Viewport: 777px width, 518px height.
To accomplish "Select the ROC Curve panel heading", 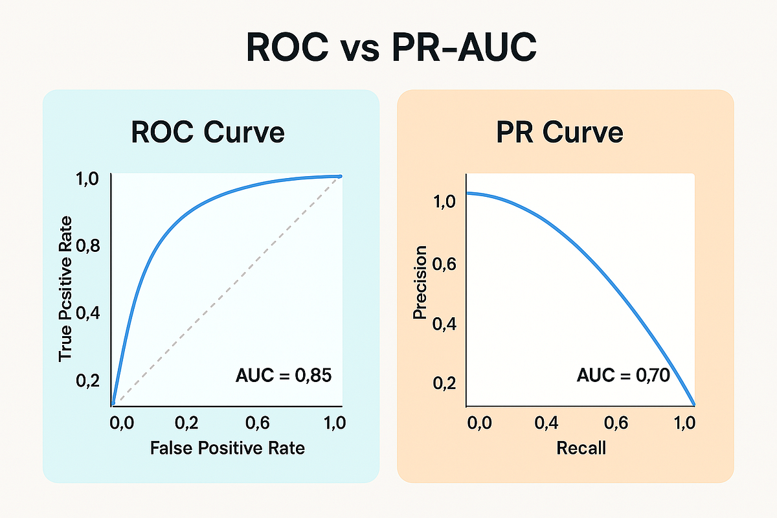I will pos(208,132).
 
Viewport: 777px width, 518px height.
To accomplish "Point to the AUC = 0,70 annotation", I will pos(622,375).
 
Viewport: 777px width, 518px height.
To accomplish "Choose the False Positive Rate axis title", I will pos(227,447).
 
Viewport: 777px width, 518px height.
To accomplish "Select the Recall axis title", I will pos(581,447).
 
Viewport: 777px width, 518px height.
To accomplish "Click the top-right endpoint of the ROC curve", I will pos(339,176).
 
